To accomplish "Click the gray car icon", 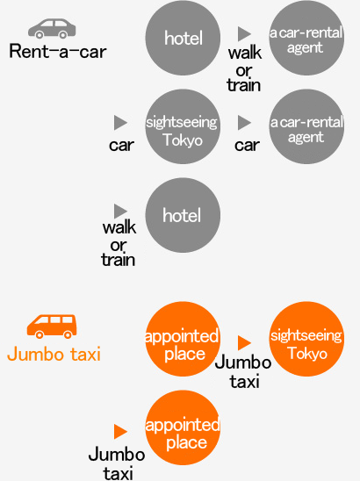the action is [52, 29].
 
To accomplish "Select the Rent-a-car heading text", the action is [58, 51].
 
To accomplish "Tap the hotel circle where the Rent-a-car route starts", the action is [183, 38].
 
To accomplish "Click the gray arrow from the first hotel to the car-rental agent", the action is [244, 33].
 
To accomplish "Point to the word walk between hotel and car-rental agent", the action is [245, 53].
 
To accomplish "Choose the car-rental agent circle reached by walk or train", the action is [306, 38].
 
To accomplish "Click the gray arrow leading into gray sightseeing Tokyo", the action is [120, 123].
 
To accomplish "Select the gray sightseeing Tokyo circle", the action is [183, 126].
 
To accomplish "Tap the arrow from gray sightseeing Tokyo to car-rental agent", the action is [244, 123].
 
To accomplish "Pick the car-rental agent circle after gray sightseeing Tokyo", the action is [306, 126].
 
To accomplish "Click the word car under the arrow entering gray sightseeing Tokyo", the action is [121, 146].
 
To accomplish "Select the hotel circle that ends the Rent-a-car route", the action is [183, 215].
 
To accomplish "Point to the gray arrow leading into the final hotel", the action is [120, 211].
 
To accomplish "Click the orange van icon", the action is [52, 327].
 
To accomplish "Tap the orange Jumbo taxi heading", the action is [54, 354].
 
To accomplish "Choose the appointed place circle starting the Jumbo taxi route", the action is [183, 339].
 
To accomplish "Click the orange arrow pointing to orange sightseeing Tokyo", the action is [244, 342].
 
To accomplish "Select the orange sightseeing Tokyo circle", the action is [306, 339].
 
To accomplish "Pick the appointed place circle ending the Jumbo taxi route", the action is [183, 427].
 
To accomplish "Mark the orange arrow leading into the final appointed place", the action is [120, 431].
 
